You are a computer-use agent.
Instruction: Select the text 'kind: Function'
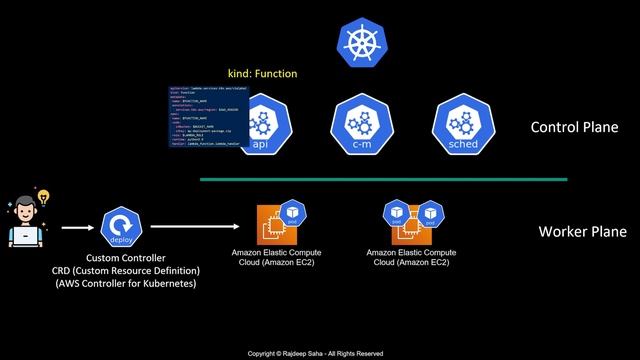pyautogui.click(x=263, y=74)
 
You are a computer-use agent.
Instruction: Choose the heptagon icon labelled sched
pyautogui.click(x=460, y=125)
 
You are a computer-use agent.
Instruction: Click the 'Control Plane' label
pyautogui.click(x=574, y=128)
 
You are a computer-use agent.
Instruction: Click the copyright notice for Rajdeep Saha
pyautogui.click(x=316, y=353)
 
